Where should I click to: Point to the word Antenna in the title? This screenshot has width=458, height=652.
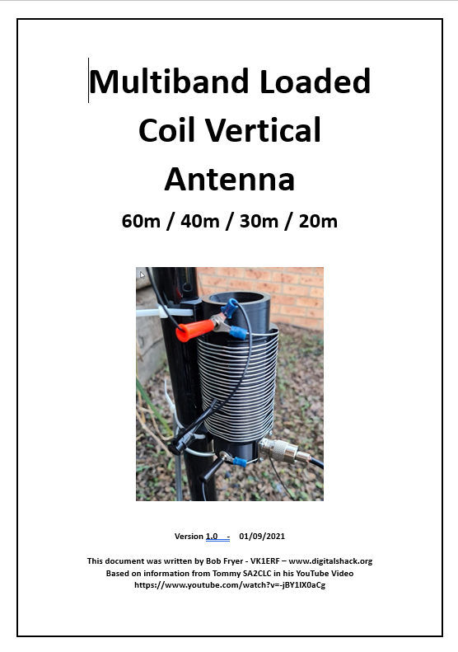pyautogui.click(x=229, y=178)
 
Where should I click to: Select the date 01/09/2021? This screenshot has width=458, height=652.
pyautogui.click(x=262, y=536)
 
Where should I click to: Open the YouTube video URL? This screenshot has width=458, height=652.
pyautogui.click(x=229, y=585)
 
